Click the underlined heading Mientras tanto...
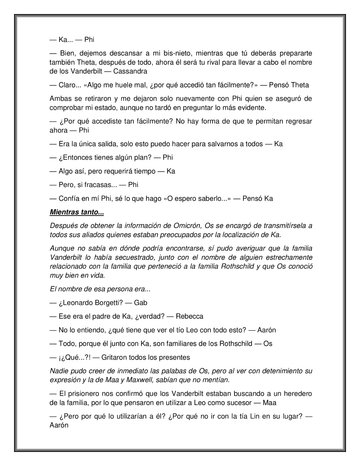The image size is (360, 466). (77, 212)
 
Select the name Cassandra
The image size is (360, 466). (130, 71)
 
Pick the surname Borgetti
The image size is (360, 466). (109, 303)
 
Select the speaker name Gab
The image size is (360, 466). (140, 303)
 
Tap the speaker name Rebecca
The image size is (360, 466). (189, 316)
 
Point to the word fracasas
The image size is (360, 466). (98, 185)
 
